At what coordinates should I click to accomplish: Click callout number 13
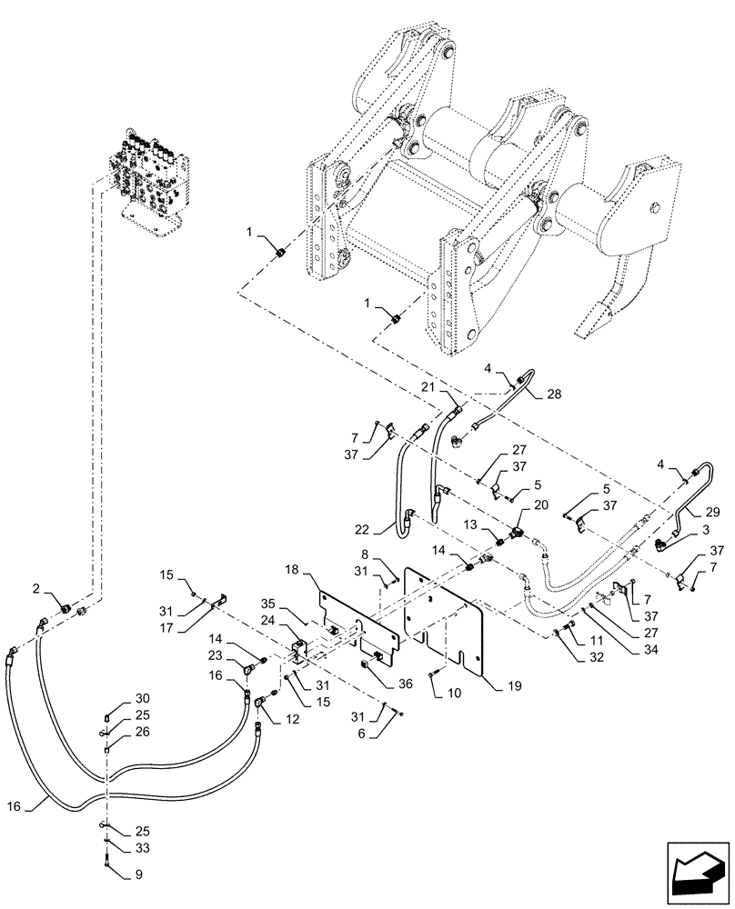470,524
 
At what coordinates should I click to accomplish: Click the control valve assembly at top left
150,177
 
